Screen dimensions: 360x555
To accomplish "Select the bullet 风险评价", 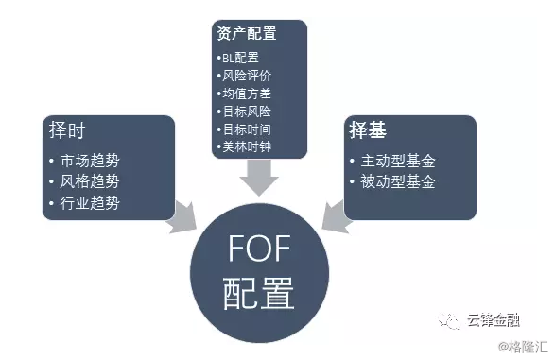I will pyautogui.click(x=245, y=77).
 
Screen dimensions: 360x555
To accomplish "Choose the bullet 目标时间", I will pyautogui.click(x=245, y=129).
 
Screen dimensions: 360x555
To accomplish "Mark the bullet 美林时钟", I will pyautogui.click(x=245, y=147).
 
